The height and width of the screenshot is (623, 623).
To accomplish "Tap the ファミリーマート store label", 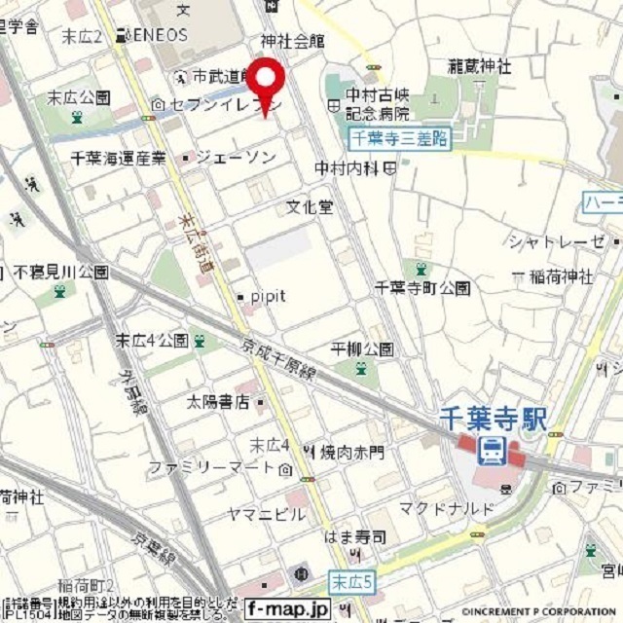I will [213, 468].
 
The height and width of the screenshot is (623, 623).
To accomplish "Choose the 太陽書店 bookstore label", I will [219, 400].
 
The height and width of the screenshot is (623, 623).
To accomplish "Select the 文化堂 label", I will [310, 207].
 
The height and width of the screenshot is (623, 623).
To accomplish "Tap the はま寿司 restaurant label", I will [356, 537].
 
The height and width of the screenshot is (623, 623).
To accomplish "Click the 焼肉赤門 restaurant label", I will [351, 452].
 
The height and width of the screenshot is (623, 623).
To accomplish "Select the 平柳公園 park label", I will [362, 348].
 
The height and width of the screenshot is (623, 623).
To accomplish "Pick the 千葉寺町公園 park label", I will [422, 288].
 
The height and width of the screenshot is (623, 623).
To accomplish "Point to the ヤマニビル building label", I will [266, 514].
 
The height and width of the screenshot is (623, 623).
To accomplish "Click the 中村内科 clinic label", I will [348, 168].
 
